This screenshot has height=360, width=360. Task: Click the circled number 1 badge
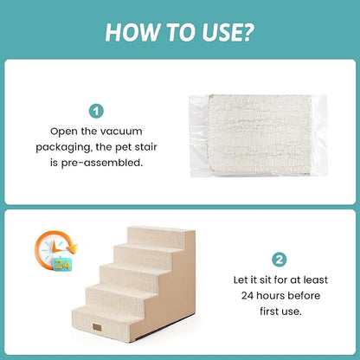tap(95, 111)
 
